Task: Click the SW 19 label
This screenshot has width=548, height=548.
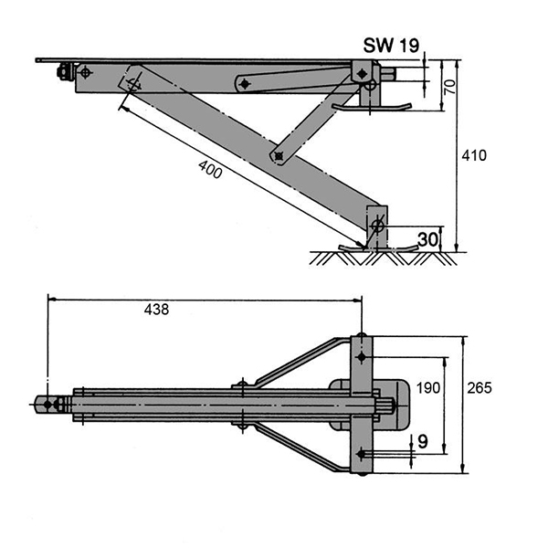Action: pyautogui.click(x=392, y=44)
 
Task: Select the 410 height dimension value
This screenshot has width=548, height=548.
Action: pyautogui.click(x=474, y=155)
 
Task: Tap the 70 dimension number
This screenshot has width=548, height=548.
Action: pyautogui.click(x=448, y=87)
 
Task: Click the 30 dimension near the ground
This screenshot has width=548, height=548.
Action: pyautogui.click(x=427, y=239)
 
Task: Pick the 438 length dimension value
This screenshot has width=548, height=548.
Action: pyautogui.click(x=156, y=310)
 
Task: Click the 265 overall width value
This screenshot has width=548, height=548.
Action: pyautogui.click(x=479, y=388)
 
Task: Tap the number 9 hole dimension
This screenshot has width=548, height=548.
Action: pyautogui.click(x=422, y=441)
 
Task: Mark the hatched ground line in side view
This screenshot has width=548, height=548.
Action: pyautogui.click(x=384, y=258)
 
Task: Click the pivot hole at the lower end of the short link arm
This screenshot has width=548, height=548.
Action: pyautogui.click(x=278, y=156)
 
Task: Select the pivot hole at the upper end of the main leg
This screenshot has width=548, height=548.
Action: pyautogui.click(x=134, y=83)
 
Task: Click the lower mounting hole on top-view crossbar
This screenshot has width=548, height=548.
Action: pyautogui.click(x=363, y=453)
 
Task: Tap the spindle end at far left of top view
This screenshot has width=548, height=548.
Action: pyautogui.click(x=45, y=403)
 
